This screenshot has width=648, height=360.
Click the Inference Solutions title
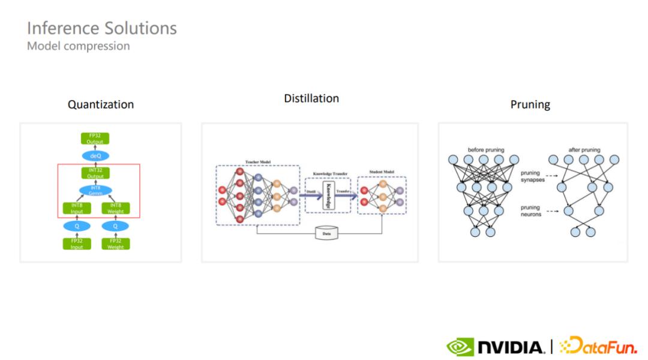point(102,28)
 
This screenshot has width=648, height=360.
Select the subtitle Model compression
point(79,46)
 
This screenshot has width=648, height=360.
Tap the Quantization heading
point(101,104)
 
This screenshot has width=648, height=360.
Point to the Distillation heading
point(311,98)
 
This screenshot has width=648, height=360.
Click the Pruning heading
point(530,104)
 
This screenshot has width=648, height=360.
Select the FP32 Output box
point(95,139)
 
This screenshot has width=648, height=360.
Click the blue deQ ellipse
point(95,155)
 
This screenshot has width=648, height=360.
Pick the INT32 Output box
point(95,173)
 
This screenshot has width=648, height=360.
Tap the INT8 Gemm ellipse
point(95,191)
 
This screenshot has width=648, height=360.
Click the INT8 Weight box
point(116,208)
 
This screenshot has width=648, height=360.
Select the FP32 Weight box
point(116,244)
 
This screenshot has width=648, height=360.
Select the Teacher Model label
point(258,163)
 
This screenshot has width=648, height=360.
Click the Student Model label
point(382,173)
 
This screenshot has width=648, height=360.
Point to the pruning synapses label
point(533,177)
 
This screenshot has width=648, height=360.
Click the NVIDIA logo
point(496,347)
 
